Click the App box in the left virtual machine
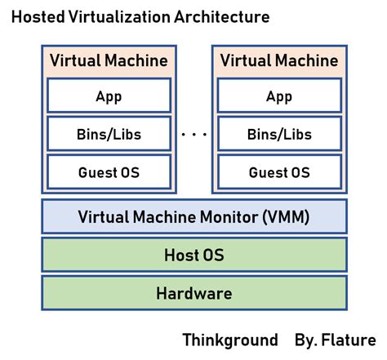109,96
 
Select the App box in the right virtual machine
279,96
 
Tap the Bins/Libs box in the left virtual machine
109,134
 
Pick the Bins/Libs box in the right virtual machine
279,134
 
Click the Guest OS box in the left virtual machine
109,172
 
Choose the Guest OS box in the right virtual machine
279,172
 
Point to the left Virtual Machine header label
109,60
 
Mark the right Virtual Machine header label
279,60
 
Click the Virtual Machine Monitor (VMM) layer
193,217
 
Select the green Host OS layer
193,256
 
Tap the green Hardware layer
193,293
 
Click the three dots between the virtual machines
193,135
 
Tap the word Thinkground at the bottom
229,340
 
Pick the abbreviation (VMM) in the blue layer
287,217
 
